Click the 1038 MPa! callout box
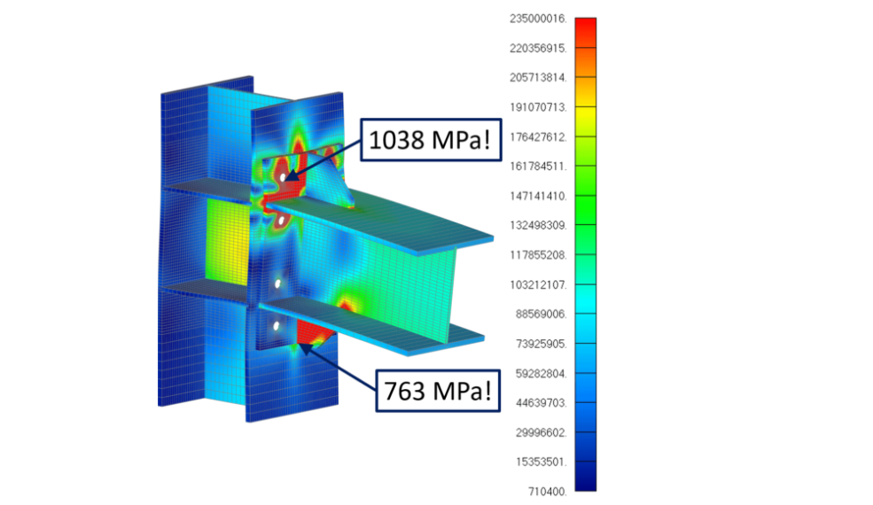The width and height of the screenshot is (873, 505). click(x=431, y=140)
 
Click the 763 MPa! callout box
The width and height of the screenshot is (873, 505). click(x=438, y=391)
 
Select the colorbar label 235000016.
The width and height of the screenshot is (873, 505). click(x=538, y=19)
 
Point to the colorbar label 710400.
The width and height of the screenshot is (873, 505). click(x=548, y=492)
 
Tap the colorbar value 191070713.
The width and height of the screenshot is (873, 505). click(x=538, y=107)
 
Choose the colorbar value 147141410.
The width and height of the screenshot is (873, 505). click(x=538, y=196)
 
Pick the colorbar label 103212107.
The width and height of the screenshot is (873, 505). click(x=538, y=285)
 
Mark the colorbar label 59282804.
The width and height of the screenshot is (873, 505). click(x=541, y=374)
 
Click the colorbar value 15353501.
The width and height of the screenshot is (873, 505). click(x=541, y=462)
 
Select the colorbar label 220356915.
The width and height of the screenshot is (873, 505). click(x=538, y=49)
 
